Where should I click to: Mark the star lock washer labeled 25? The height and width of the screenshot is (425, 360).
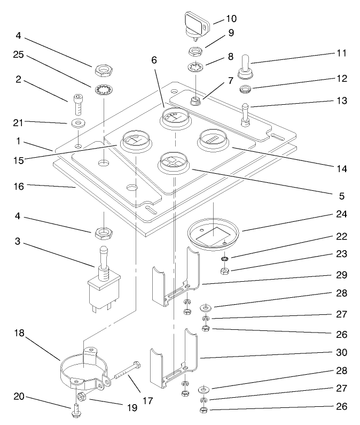101,90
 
